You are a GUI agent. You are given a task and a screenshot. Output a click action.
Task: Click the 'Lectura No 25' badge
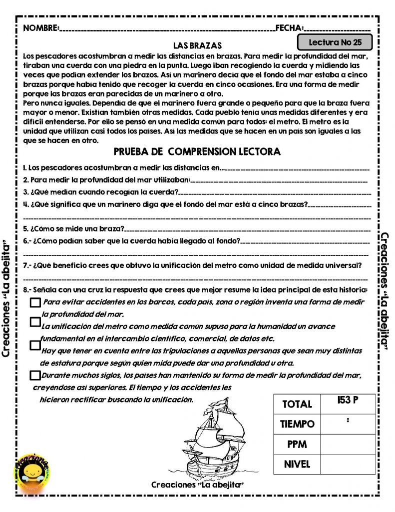tap(335, 42)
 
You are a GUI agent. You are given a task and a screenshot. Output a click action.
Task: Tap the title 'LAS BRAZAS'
tap(197, 45)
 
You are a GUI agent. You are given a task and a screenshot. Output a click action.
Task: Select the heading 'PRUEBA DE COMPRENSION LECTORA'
tap(197, 151)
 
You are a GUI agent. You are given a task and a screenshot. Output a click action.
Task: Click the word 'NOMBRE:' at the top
tap(41, 28)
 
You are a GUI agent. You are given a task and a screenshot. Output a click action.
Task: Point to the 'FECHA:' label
tap(290, 28)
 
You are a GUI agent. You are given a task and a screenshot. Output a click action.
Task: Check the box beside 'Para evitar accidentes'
tap(35, 302)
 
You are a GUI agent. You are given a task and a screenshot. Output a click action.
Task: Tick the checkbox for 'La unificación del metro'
tap(35, 322)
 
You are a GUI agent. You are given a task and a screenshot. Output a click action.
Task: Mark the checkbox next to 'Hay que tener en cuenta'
tap(35, 345)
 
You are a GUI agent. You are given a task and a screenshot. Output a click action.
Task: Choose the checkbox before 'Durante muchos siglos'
tap(34, 375)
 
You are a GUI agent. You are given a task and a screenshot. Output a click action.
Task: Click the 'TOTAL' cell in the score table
tap(297, 404)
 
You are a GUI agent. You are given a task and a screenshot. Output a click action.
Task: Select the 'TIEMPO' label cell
tap(297, 424)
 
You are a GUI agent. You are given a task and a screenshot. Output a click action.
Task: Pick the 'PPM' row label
tap(297, 444)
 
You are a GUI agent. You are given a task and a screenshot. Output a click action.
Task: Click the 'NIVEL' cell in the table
tap(297, 464)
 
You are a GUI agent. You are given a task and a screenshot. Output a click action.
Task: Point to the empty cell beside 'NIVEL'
tap(348, 464)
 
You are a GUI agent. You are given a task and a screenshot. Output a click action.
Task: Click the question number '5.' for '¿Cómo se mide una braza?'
tap(26, 228)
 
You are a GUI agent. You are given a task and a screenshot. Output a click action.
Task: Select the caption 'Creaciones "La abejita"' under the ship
tap(197, 485)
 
